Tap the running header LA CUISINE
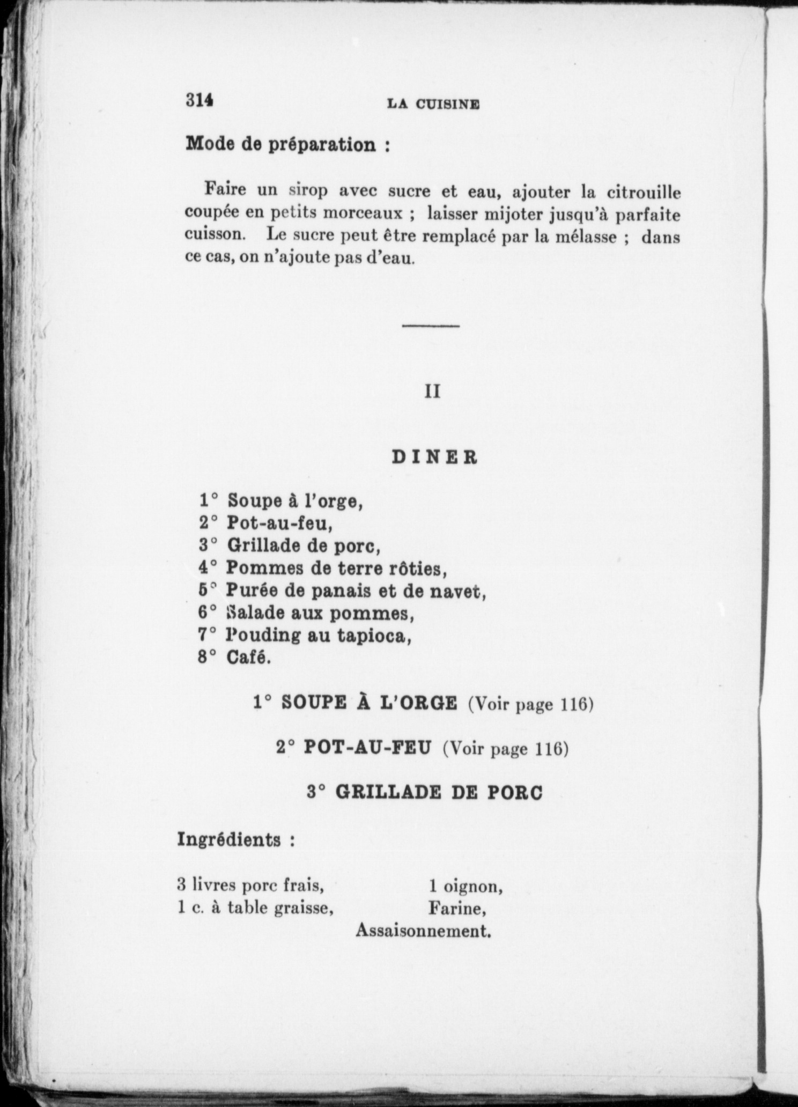433,105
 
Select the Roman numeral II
432,392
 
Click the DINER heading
434,457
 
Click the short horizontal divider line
431,326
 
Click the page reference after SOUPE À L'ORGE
531,704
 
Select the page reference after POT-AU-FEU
505,748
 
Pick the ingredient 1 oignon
465,888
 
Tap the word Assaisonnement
424,931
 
